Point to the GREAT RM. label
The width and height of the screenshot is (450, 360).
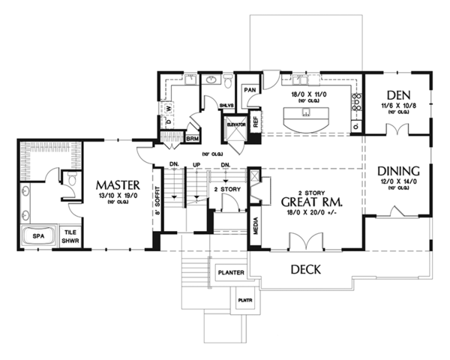(312, 202)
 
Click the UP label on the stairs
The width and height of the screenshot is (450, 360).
(197, 164)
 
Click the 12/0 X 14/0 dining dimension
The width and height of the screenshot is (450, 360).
(394, 182)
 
